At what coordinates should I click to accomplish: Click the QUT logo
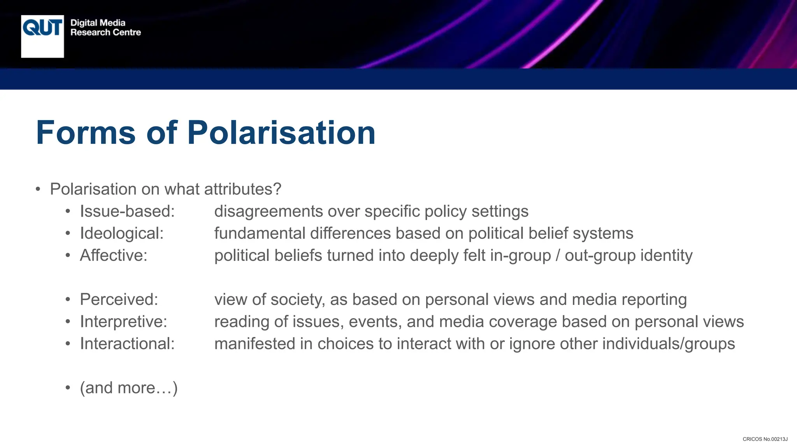(x=42, y=36)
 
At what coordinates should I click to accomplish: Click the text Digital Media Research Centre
(x=105, y=28)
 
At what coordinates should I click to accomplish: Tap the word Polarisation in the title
(x=281, y=133)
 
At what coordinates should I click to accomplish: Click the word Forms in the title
(x=86, y=133)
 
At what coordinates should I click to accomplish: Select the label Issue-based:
(x=127, y=211)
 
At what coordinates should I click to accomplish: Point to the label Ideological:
(x=122, y=233)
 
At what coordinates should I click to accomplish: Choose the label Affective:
(x=114, y=255)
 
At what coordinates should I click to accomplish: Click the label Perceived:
(x=119, y=299)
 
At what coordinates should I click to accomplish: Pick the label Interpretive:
(x=123, y=322)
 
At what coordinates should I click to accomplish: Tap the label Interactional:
(x=127, y=344)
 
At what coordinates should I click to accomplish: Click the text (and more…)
(x=129, y=388)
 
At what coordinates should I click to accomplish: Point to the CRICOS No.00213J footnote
(x=765, y=439)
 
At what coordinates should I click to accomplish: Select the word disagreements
(x=269, y=211)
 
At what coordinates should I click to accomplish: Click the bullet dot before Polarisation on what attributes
(x=38, y=190)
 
